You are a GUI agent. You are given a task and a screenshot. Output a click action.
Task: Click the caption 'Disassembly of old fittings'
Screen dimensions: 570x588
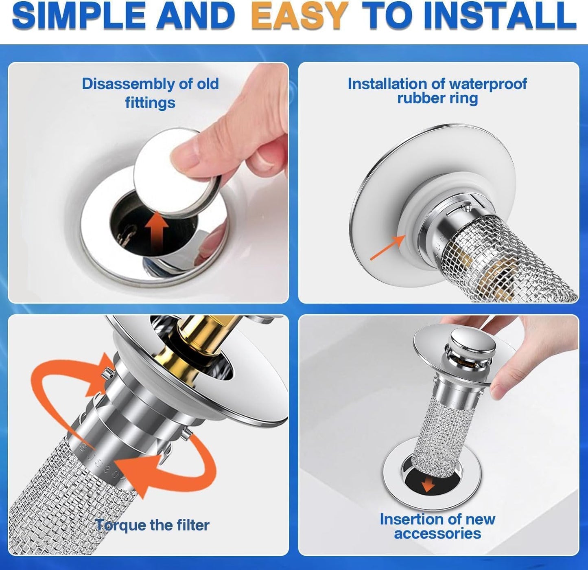click(150, 93)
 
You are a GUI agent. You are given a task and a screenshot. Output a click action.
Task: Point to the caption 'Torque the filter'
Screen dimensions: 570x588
click(152, 525)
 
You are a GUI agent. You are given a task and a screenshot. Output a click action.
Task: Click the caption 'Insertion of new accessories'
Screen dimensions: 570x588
click(437, 526)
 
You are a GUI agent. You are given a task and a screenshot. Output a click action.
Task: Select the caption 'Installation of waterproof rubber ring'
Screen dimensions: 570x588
click(437, 91)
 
